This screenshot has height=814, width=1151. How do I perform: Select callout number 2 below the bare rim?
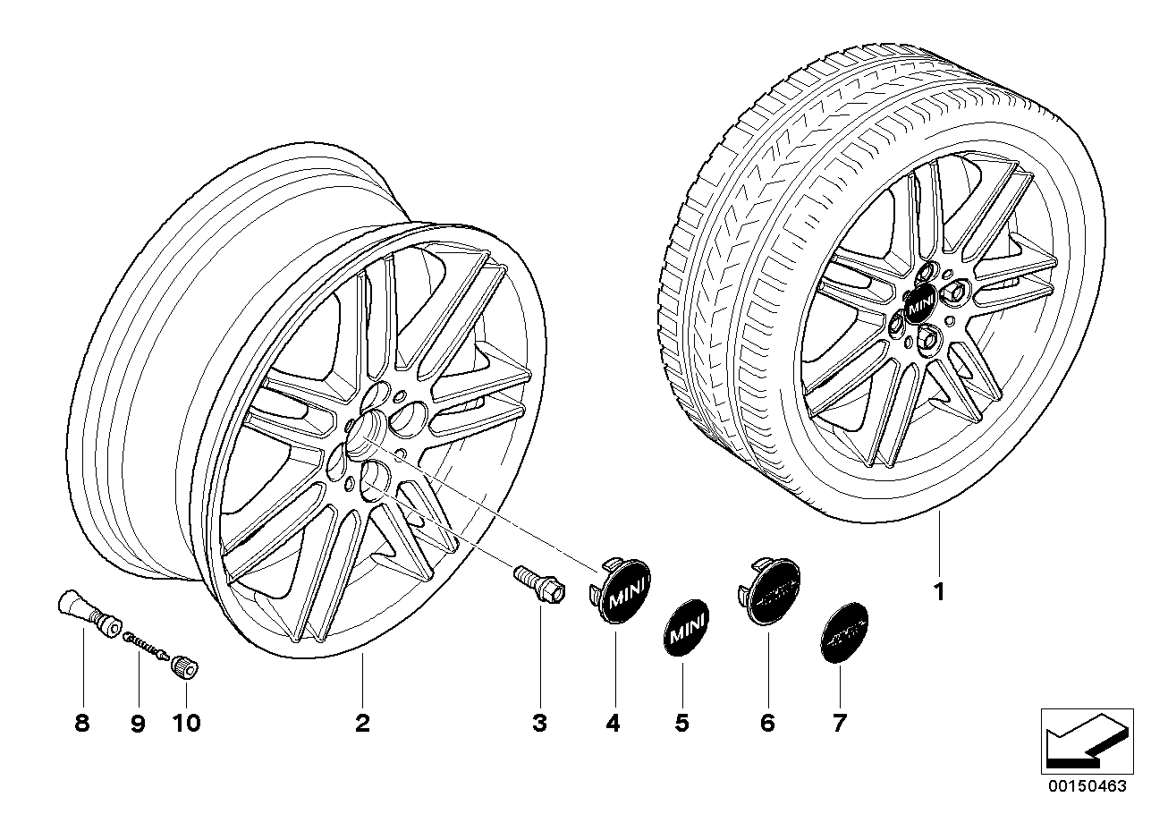click(361, 723)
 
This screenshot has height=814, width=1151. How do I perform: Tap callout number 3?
click(539, 723)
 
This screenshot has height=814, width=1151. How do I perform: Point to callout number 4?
click(613, 723)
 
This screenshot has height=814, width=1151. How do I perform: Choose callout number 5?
click(682, 723)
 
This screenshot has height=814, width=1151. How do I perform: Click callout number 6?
click(767, 723)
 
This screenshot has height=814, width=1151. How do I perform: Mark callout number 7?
click(839, 723)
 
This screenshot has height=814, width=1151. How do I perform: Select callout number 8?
click(82, 723)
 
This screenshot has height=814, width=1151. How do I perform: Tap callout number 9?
click(138, 723)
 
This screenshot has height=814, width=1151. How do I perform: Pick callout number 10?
click(188, 723)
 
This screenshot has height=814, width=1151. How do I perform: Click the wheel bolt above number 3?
click(537, 586)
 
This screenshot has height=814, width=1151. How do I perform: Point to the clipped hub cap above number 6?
click(770, 593)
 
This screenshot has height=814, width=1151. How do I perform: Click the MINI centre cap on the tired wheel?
click(920, 306)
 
